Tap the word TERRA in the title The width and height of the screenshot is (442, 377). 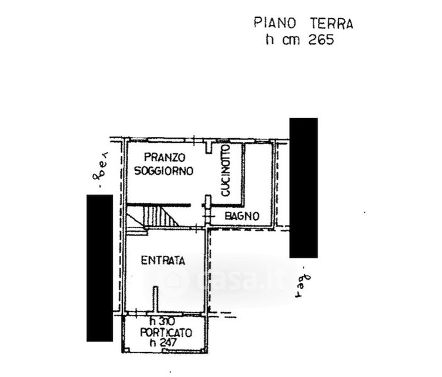331,24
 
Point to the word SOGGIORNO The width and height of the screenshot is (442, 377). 163,170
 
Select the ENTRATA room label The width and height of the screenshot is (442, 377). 162,261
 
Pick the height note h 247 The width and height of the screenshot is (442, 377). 161,343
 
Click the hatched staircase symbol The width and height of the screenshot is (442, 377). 158,216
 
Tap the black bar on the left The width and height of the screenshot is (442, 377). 99,268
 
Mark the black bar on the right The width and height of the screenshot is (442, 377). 304,187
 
